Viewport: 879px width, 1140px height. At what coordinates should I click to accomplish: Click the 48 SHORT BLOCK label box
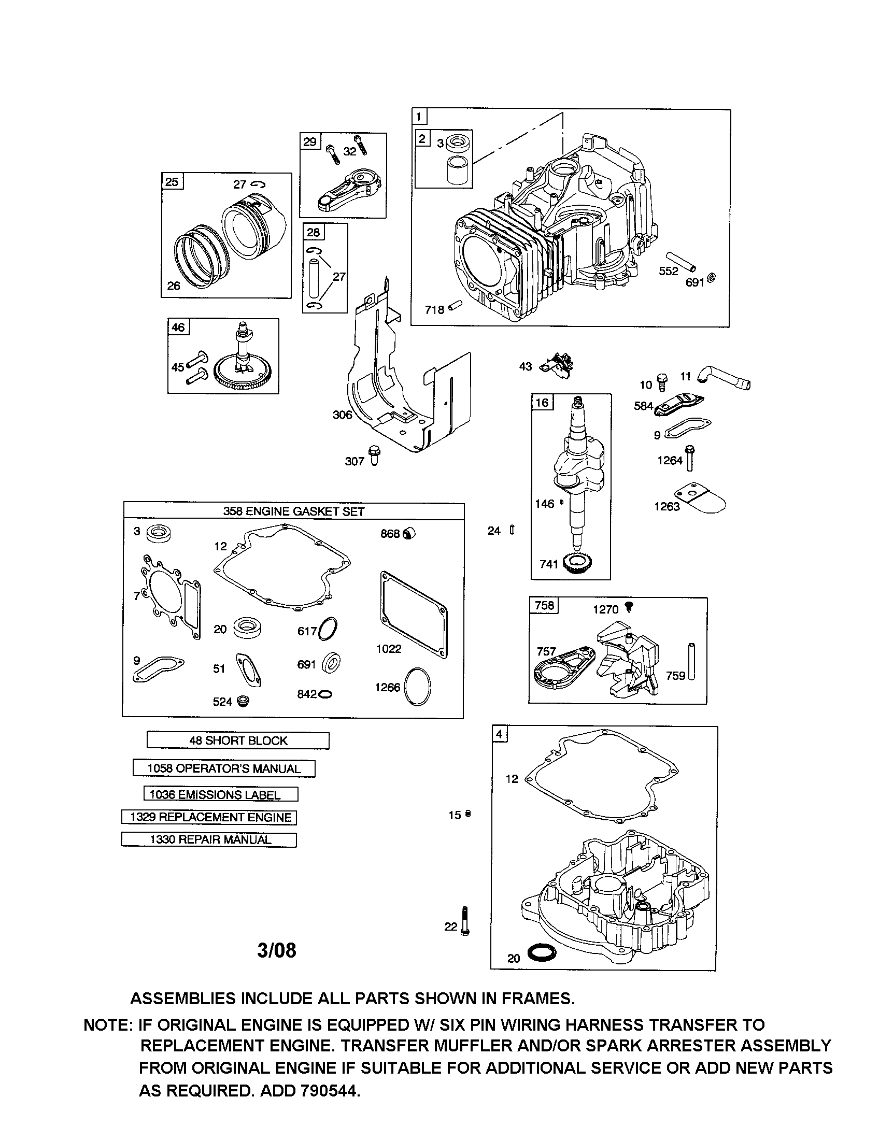[x=238, y=740]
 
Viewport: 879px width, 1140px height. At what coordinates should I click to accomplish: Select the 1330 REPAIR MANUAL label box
[x=209, y=839]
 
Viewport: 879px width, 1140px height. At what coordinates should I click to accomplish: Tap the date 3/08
[x=277, y=950]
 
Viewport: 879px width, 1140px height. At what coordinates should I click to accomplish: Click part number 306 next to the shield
[x=342, y=415]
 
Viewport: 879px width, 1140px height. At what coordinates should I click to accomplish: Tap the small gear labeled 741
[x=578, y=565]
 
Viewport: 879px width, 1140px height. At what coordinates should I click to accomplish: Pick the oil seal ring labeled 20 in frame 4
[x=542, y=953]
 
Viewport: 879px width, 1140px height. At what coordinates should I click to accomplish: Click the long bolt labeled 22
[x=465, y=921]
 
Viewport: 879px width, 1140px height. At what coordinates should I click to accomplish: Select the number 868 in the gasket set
[x=389, y=533]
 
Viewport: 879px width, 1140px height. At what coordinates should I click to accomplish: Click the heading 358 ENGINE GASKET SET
[x=293, y=511]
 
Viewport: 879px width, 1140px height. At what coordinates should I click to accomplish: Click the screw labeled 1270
[x=629, y=607]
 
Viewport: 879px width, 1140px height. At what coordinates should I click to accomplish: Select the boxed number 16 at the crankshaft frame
[x=542, y=403]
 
